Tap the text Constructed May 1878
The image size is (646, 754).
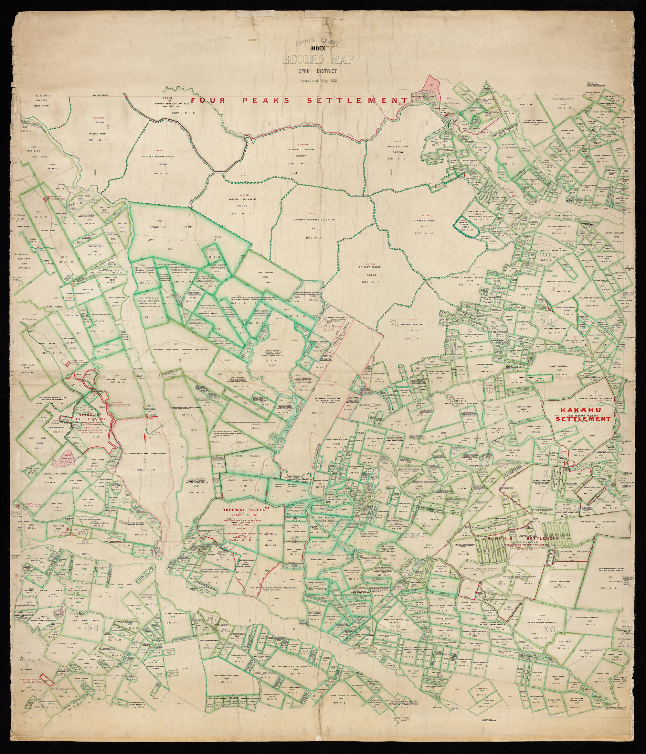[318, 81]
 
